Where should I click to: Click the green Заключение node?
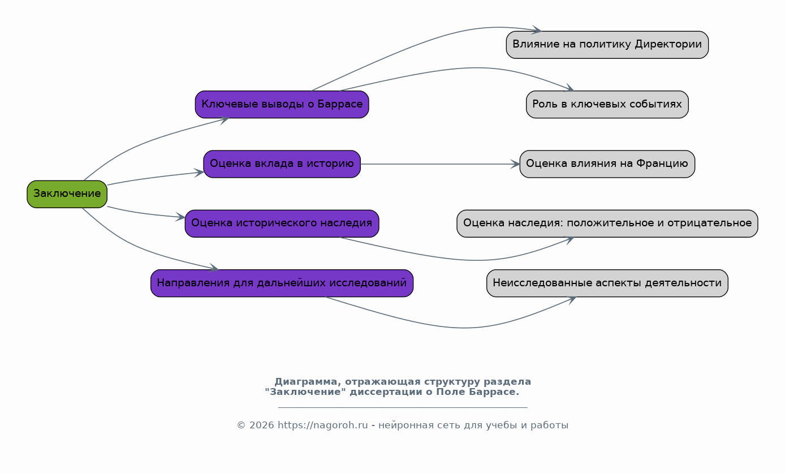click(67, 194)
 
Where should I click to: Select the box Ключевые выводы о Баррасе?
click(282, 105)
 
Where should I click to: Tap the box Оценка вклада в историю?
click(282, 164)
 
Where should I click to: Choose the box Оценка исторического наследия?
click(282, 223)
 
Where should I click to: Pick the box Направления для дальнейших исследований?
click(282, 283)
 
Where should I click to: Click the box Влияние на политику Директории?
click(607, 45)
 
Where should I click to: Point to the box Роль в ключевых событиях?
click(607, 105)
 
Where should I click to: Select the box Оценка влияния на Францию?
click(607, 164)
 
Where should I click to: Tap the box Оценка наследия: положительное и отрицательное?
click(607, 223)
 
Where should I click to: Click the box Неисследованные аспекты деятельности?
click(607, 283)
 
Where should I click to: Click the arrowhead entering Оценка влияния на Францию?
click(515, 164)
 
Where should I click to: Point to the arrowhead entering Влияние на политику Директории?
click(537, 30)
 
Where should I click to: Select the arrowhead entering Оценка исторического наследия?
click(180, 217)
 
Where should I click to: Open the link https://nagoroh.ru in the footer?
click(322, 425)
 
